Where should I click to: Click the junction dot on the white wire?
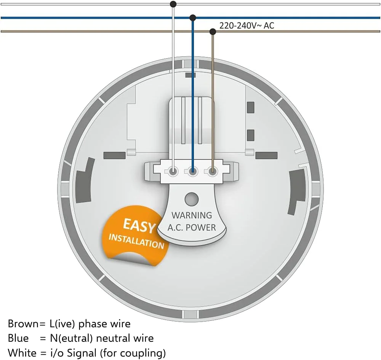click(x=173, y=4)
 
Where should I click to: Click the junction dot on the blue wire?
click(x=193, y=18)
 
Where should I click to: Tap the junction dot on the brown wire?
click(x=213, y=32)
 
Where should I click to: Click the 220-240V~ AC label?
click(x=247, y=25)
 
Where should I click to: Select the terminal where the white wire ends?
click(x=173, y=172)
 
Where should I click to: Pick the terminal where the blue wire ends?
click(x=193, y=172)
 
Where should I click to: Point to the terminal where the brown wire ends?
click(x=213, y=172)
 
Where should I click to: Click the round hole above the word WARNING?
click(x=192, y=199)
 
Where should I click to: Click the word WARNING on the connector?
click(x=192, y=215)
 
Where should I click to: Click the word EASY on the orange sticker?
click(x=139, y=226)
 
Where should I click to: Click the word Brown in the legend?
click(x=23, y=324)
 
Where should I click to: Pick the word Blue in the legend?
click(x=18, y=338)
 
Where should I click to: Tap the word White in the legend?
click(x=22, y=353)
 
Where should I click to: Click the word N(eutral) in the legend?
click(x=72, y=338)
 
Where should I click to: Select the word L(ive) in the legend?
click(x=62, y=324)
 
